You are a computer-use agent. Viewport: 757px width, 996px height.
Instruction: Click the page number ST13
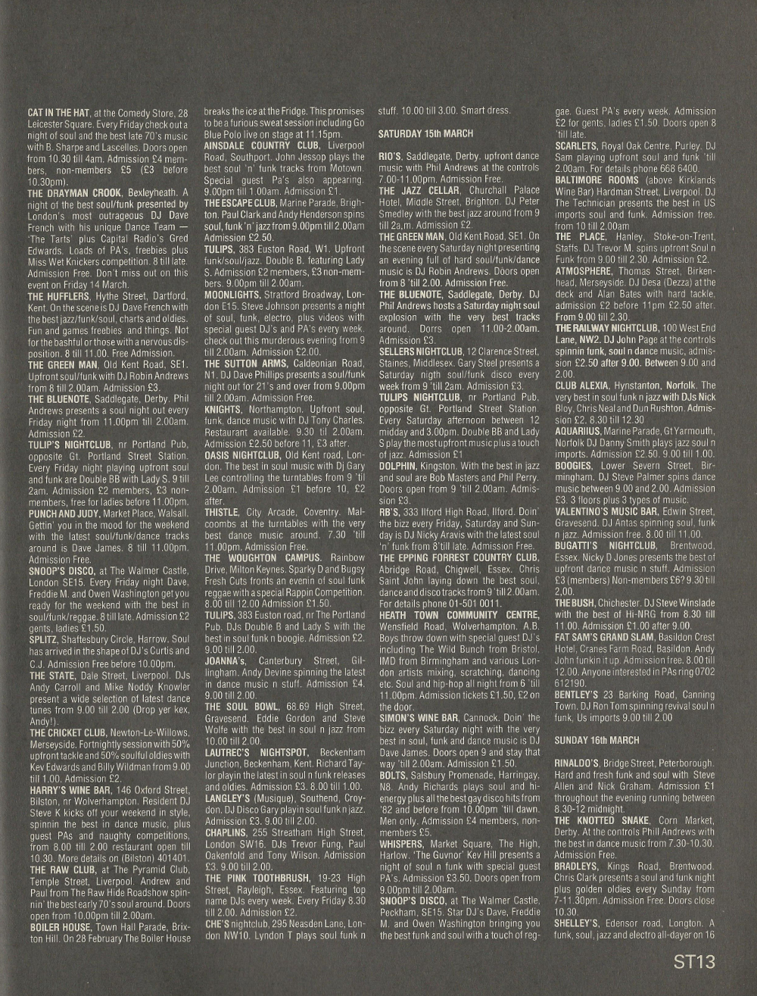pyautogui.click(x=694, y=962)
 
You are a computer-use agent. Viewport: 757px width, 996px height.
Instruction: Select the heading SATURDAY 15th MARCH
pyautogui.click(x=425, y=133)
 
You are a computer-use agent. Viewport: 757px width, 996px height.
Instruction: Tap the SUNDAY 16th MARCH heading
pyautogui.click(x=597, y=740)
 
